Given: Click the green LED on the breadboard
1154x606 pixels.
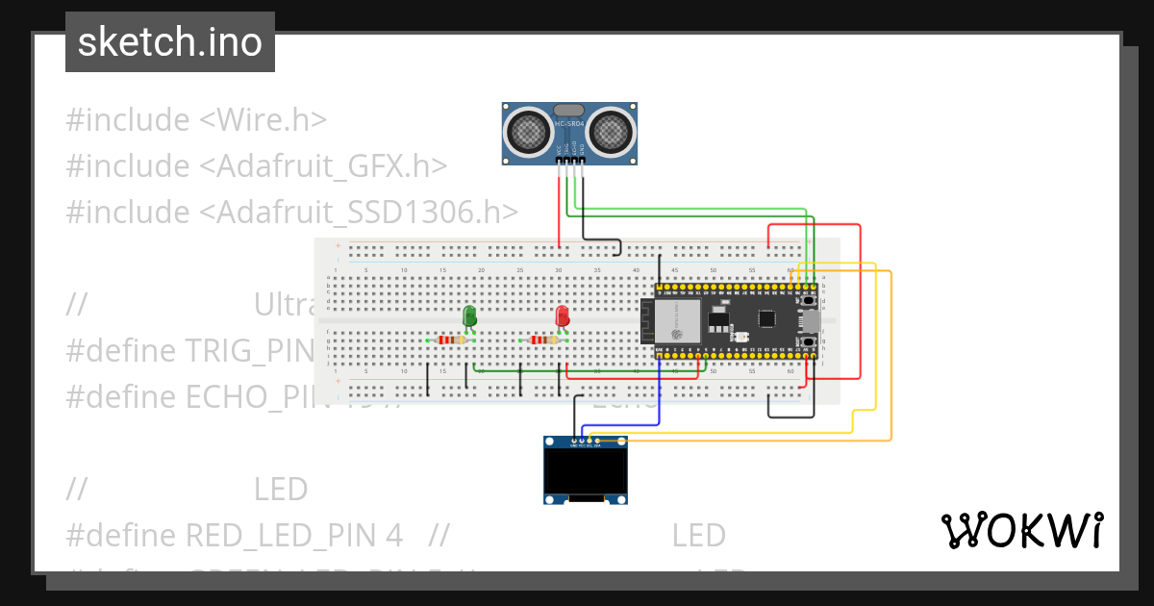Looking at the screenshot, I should click(469, 316).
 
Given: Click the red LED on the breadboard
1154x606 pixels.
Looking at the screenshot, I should click(563, 316).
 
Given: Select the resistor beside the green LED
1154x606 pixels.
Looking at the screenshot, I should click(447, 340).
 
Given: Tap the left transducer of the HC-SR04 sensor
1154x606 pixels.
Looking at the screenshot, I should click(527, 131).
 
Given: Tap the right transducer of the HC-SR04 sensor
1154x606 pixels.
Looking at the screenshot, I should click(612, 131).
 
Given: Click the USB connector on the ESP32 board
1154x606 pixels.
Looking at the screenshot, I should click(811, 320).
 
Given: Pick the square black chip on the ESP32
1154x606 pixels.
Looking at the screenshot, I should click(766, 319).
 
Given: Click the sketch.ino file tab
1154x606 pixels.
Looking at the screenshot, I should click(170, 42).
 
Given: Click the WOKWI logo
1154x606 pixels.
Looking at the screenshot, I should click(1022, 530).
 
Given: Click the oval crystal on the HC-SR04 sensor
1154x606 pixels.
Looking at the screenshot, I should click(569, 112).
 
